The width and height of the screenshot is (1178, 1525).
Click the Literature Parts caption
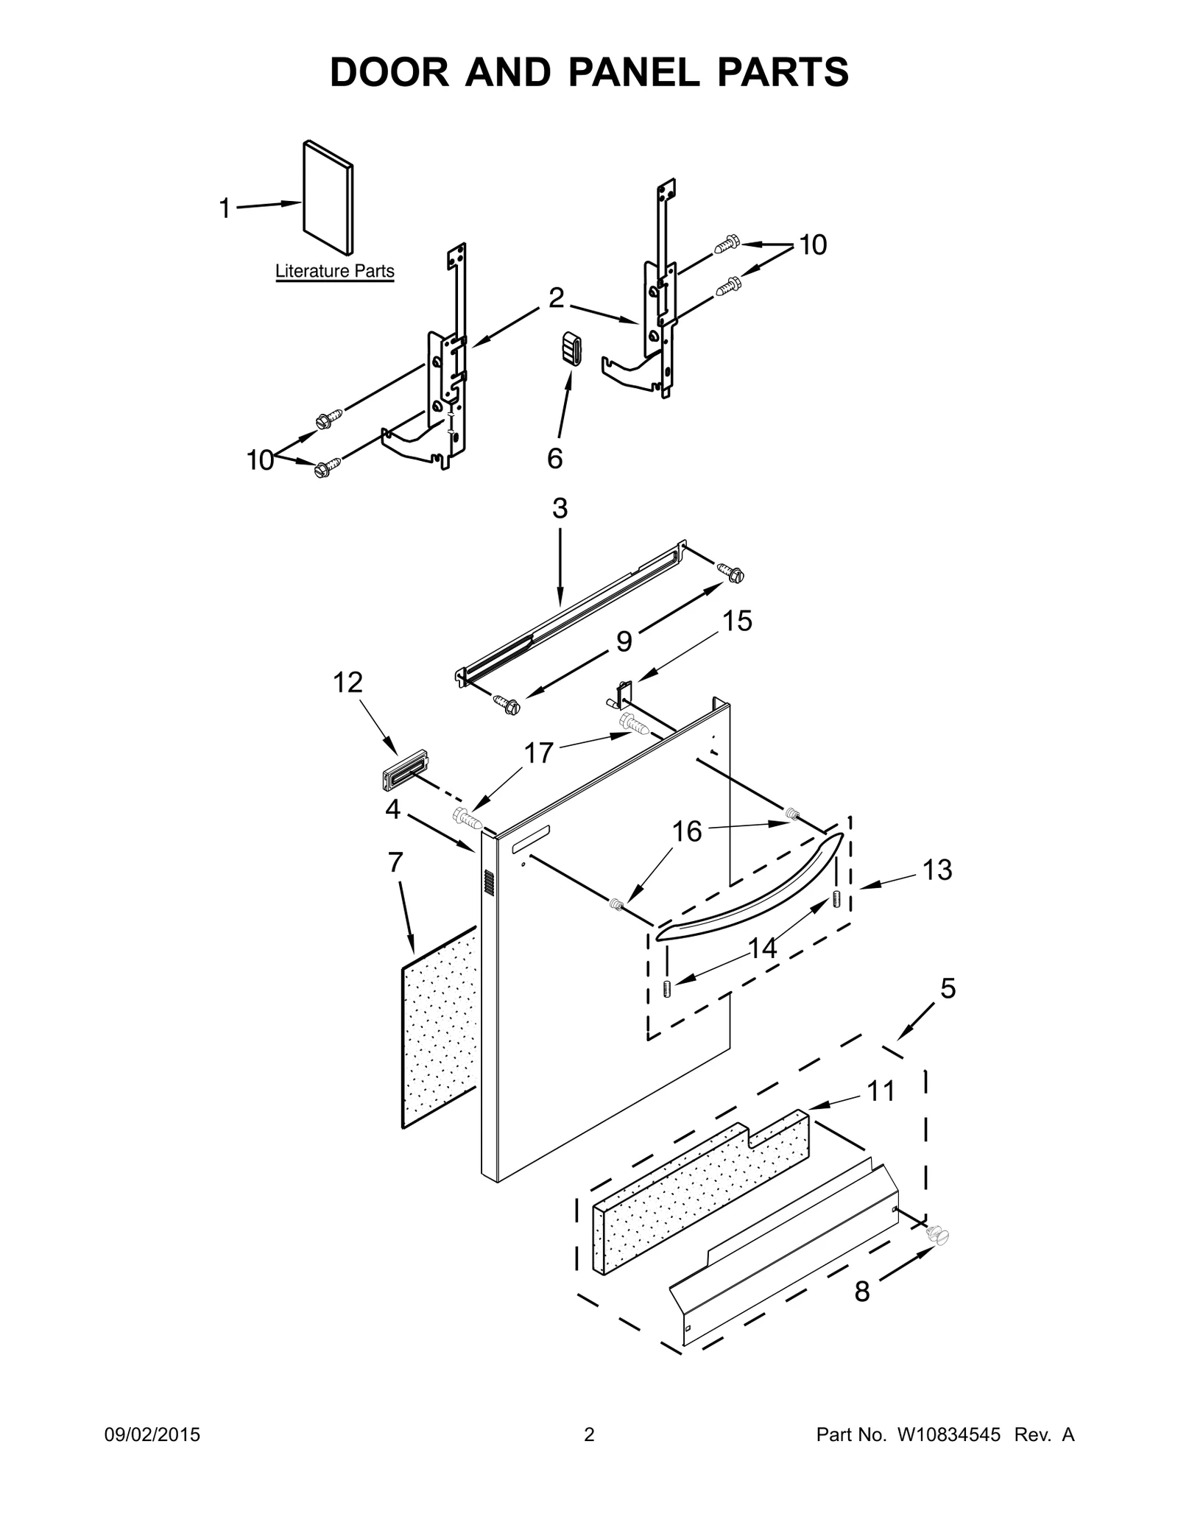pyautogui.click(x=334, y=272)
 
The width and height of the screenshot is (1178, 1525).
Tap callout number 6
pyautogui.click(x=554, y=458)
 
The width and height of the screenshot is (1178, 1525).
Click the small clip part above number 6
pyautogui.click(x=572, y=348)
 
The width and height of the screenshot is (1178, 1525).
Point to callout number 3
pyautogui.click(x=560, y=509)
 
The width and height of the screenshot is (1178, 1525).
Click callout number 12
pyautogui.click(x=348, y=683)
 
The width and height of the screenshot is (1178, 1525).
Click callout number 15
pyautogui.click(x=736, y=621)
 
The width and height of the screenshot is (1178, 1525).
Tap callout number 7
pyautogui.click(x=395, y=862)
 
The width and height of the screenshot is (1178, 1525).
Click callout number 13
pyautogui.click(x=937, y=870)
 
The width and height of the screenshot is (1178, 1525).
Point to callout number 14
pyautogui.click(x=762, y=948)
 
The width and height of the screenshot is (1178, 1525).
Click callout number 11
pyautogui.click(x=880, y=1091)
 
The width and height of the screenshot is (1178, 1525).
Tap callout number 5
pyautogui.click(x=948, y=989)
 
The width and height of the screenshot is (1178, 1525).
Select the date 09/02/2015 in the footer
pyautogui.click(x=150, y=1434)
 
